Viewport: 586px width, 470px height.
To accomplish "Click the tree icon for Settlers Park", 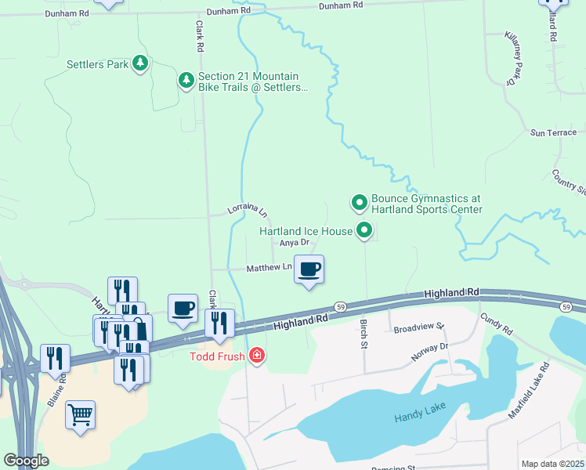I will pyautogui.click(x=140, y=63).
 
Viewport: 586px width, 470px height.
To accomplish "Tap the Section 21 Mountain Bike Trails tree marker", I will pyautogui.click(x=186, y=81).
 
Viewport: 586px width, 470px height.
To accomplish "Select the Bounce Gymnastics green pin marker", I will pyautogui.click(x=360, y=203).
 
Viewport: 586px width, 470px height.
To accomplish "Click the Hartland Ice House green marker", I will pyautogui.click(x=364, y=230).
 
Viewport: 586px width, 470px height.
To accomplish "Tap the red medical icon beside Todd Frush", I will pyautogui.click(x=256, y=357).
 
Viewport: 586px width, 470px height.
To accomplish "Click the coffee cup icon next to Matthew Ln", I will pyautogui.click(x=309, y=269).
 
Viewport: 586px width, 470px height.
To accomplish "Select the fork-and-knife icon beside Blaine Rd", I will pyautogui.click(x=54, y=359).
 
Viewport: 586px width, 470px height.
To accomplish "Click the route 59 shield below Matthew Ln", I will pyautogui.click(x=339, y=306).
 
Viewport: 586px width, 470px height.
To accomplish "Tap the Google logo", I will pyautogui.click(x=27, y=461).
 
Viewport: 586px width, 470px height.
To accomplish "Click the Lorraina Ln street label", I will pyautogui.click(x=247, y=210).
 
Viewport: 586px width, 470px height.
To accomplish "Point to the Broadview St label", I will pyautogui.click(x=419, y=327).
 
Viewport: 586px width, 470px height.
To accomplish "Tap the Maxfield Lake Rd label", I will pyautogui.click(x=533, y=390).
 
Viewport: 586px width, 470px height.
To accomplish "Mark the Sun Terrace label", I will pyautogui.click(x=553, y=132).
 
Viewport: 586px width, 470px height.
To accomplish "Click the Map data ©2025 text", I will pyautogui.click(x=553, y=464).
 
